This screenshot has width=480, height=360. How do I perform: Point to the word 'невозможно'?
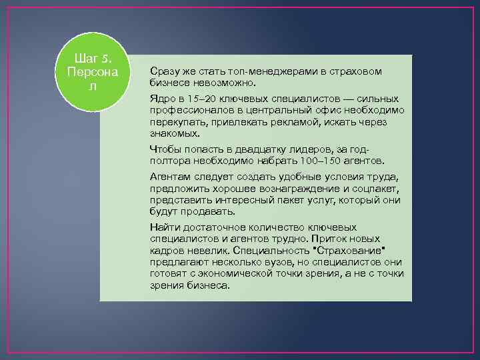[221, 83]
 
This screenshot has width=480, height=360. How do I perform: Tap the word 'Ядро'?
[162, 99]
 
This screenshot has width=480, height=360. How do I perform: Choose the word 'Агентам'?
[170, 177]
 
